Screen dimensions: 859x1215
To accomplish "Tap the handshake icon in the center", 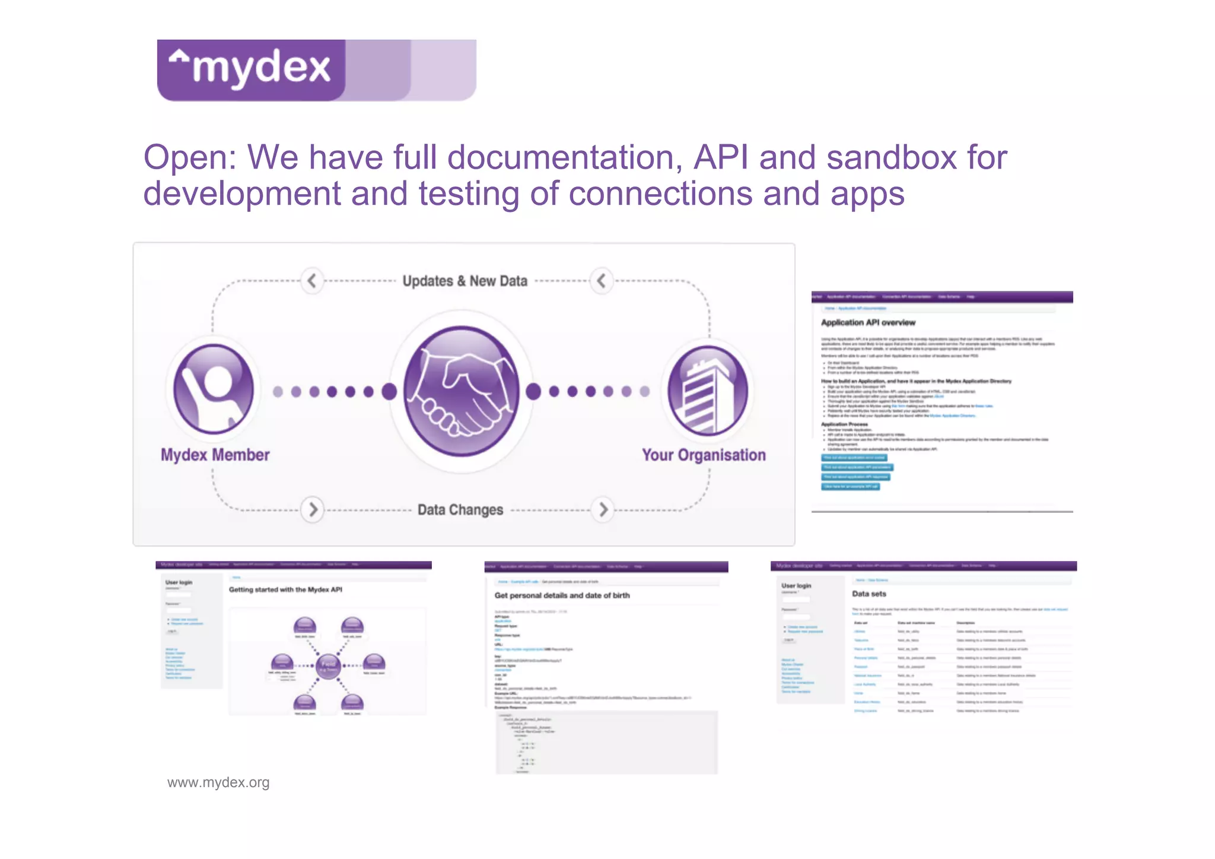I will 462,391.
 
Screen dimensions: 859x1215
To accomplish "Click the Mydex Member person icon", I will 214,389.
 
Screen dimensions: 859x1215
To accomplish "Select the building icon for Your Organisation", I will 707,391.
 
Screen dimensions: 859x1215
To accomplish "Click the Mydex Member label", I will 215,455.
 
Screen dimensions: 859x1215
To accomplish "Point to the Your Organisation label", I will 704,455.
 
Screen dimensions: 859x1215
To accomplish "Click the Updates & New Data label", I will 465,281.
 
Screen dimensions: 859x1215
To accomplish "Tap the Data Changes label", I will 460,509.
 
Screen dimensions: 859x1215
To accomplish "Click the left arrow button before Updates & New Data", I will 312,280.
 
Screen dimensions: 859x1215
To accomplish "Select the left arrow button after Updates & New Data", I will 601,280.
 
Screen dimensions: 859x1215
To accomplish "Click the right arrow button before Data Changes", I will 313,509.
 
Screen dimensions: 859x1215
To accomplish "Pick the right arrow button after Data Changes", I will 603,509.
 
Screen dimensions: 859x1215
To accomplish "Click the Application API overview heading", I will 868,322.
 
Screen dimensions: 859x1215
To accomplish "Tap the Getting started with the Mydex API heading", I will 285,589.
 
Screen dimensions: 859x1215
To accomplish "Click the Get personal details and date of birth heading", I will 562,595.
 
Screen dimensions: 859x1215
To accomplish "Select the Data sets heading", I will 869,594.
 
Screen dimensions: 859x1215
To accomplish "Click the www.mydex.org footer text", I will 218,782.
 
